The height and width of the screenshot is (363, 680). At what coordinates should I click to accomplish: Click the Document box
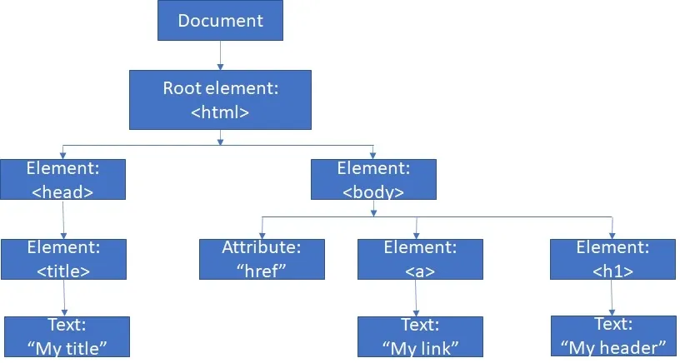click(220, 20)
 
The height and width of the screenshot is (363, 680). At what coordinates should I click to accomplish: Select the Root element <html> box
click(220, 99)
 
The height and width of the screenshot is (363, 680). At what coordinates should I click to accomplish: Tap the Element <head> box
click(62, 179)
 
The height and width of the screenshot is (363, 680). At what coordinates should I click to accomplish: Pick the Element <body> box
click(373, 179)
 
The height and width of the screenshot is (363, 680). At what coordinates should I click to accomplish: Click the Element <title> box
click(63, 259)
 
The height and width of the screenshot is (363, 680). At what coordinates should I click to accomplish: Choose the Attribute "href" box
click(261, 259)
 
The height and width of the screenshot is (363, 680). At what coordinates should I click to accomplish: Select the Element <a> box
click(419, 259)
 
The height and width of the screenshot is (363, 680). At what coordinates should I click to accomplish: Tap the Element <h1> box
click(612, 259)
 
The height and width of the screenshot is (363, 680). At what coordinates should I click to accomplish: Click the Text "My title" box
click(67, 336)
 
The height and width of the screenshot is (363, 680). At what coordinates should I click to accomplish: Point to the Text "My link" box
click(421, 336)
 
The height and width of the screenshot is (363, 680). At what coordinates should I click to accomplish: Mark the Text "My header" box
click(613, 336)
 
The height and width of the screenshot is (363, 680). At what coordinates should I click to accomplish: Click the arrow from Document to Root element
click(221, 55)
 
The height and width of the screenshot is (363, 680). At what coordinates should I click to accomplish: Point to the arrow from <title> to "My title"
click(65, 298)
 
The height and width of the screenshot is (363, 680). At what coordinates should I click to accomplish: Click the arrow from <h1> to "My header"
click(612, 298)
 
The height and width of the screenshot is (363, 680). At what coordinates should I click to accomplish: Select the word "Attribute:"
click(261, 248)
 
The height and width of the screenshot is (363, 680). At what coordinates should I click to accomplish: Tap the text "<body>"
click(373, 191)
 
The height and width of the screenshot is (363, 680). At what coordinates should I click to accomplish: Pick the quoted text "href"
click(261, 271)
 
